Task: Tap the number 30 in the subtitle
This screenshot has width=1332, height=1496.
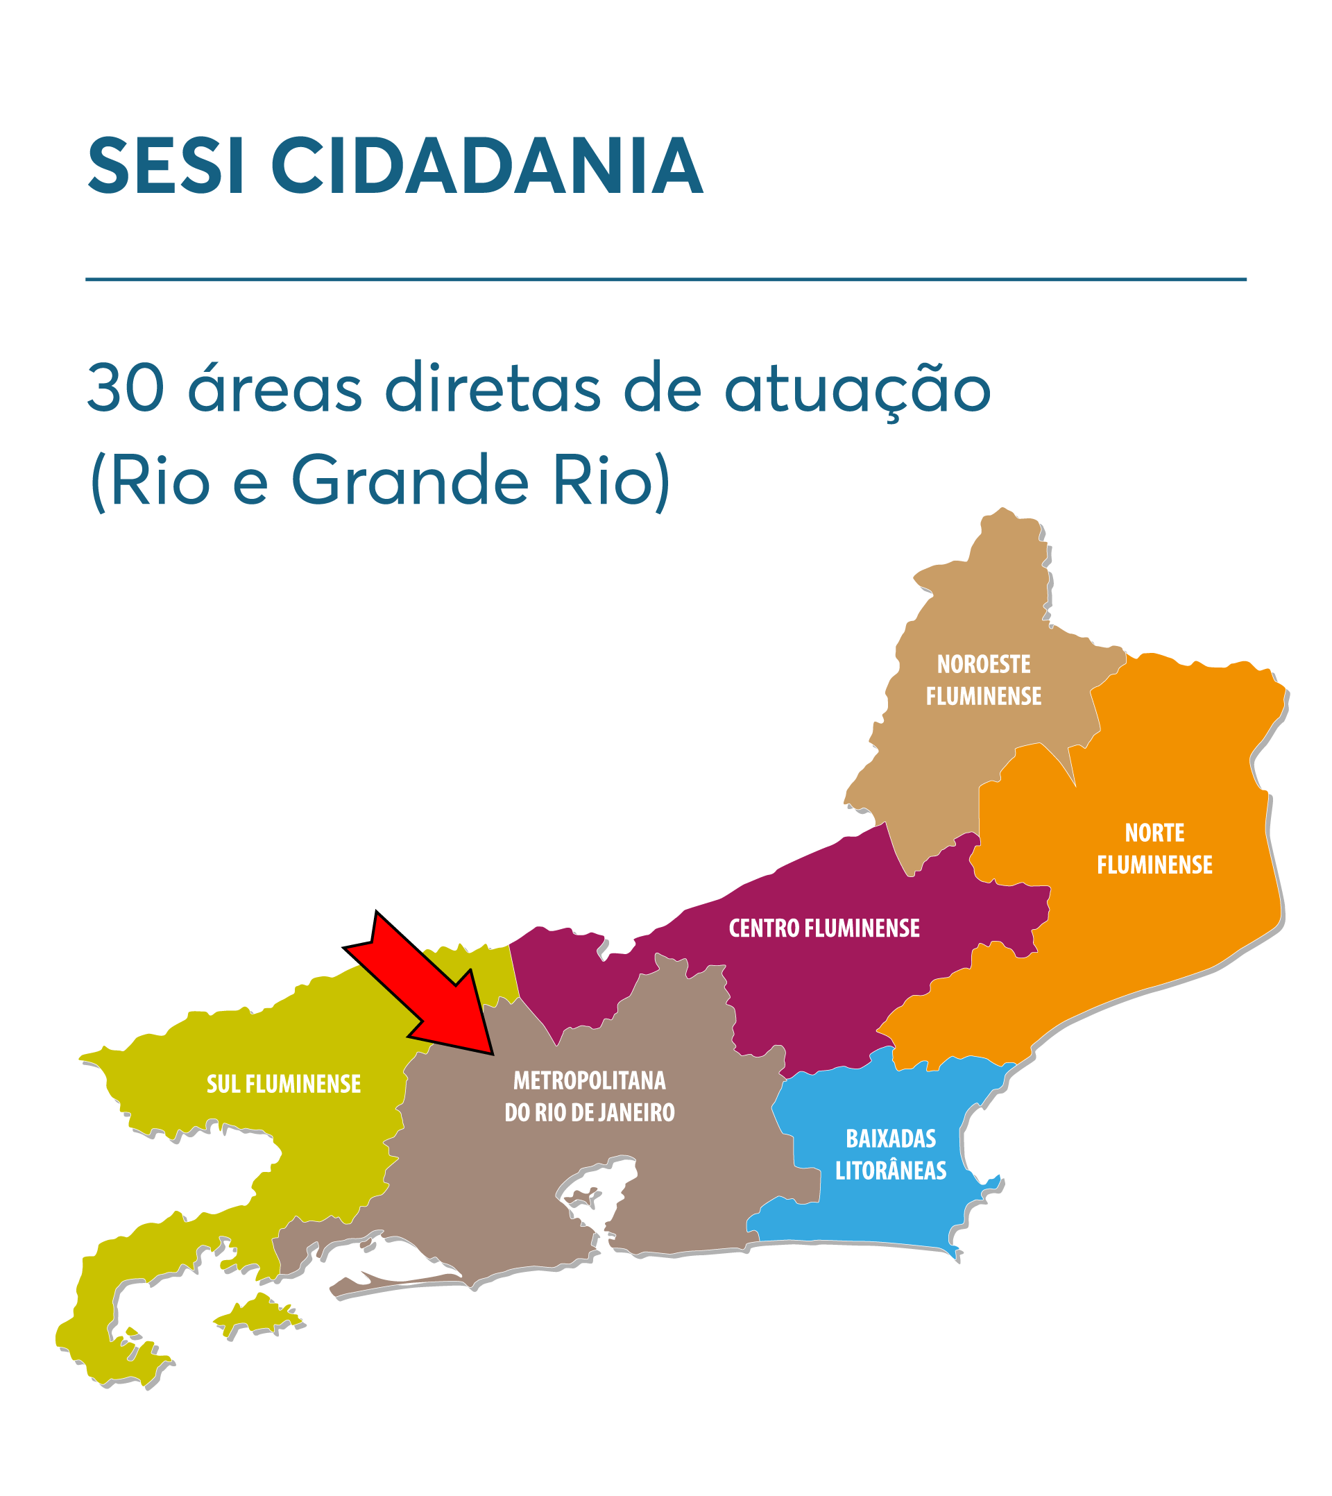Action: [x=125, y=389]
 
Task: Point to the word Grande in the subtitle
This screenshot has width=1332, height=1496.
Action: [x=410, y=482]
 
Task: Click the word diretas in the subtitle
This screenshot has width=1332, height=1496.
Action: [x=493, y=387]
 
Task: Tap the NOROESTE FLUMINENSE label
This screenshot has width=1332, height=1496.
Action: [x=984, y=680]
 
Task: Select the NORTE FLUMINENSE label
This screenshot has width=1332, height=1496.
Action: [x=1154, y=849]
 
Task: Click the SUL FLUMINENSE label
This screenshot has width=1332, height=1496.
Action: [x=284, y=1084]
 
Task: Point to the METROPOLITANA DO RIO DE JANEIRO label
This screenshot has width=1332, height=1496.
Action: [x=589, y=1096]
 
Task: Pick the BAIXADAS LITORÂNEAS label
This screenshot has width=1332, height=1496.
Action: [x=891, y=1154]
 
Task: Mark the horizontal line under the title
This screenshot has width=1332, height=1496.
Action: [x=666, y=279]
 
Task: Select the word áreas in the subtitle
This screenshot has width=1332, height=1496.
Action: [x=275, y=387]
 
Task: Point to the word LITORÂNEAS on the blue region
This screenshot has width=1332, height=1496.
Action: [x=891, y=1171]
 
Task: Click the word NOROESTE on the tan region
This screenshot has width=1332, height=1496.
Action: [x=984, y=664]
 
